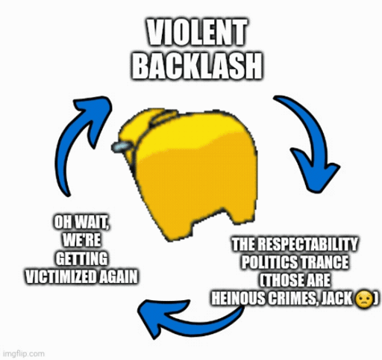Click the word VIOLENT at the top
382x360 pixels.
pyautogui.click(x=196, y=32)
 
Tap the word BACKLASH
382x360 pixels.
pyautogui.click(x=196, y=66)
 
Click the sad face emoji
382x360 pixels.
pyautogui.click(x=364, y=298)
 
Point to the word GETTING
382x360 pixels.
pyautogui.click(x=81, y=258)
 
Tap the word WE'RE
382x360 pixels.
pyautogui.click(x=81, y=240)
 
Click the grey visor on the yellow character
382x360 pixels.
pyautogui.click(x=121, y=146)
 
